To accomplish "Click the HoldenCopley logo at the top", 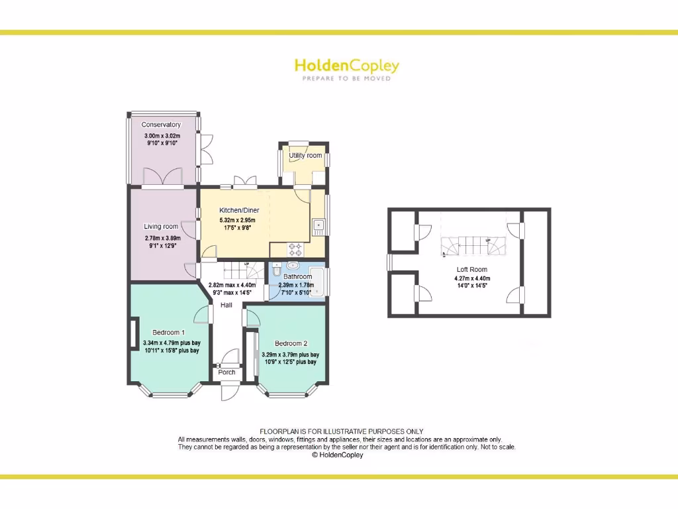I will pyautogui.click(x=346, y=66).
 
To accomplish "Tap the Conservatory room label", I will pyautogui.click(x=161, y=125).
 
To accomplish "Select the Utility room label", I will pyautogui.click(x=305, y=156).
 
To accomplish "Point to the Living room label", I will pyautogui.click(x=161, y=227).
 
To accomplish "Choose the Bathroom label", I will pyautogui.click(x=297, y=276).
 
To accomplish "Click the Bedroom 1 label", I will pyautogui.click(x=169, y=332).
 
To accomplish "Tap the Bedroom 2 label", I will pyautogui.click(x=291, y=343).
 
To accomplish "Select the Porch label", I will pyautogui.click(x=226, y=372).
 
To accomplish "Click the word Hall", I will pyautogui.click(x=226, y=305).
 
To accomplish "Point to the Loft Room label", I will pyautogui.click(x=471, y=270).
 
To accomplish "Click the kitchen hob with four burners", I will pyautogui.click(x=295, y=250).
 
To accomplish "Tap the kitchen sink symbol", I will pyautogui.click(x=318, y=226).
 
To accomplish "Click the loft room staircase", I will pyautogui.click(x=471, y=247).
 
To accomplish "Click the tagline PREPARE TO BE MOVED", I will pyautogui.click(x=346, y=79).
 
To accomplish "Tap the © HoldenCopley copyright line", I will pyautogui.click(x=337, y=455).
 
